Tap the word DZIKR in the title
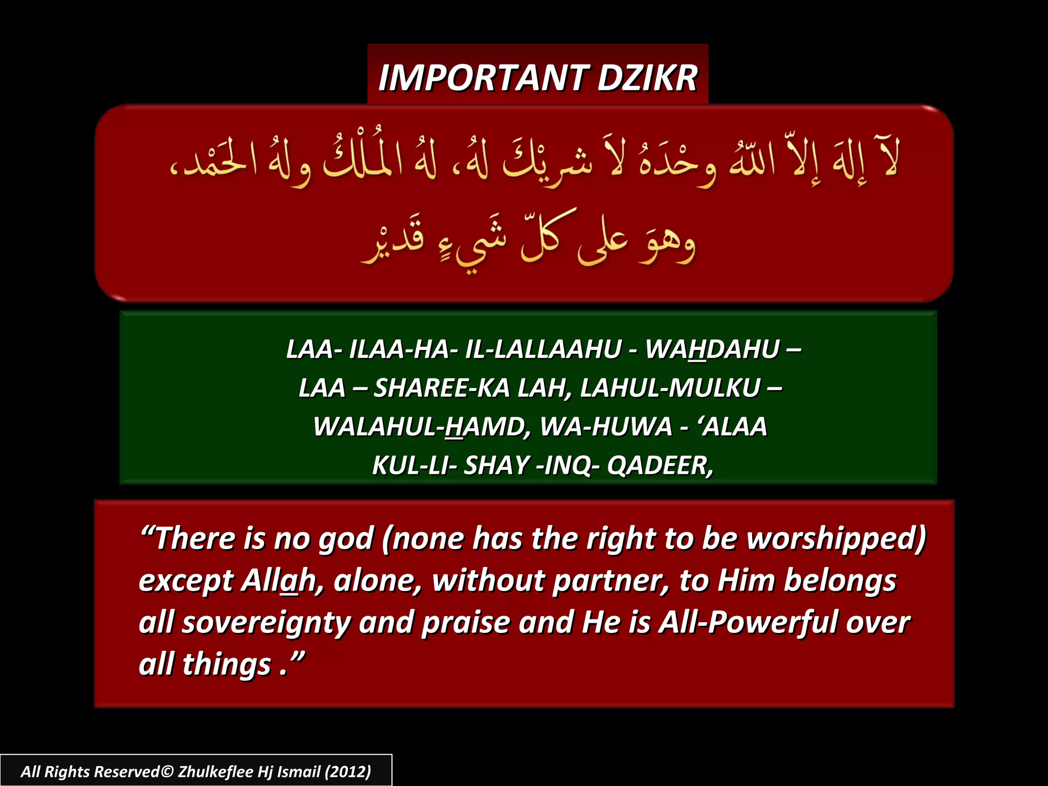[647, 78]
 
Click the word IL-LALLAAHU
[543, 350]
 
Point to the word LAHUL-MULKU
[670, 388]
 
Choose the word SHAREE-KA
[442, 388]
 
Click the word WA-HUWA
[606, 427]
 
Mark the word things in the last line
[226, 664]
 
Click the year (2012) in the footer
[348, 772]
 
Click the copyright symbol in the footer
[167, 772]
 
